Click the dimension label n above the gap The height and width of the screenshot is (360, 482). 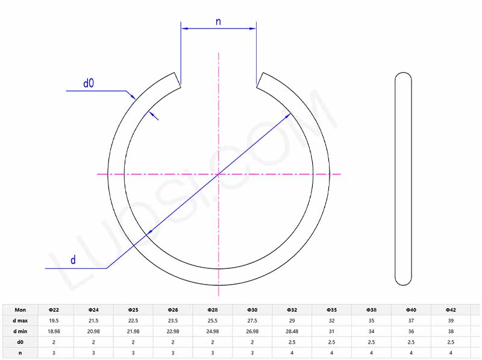click(x=218, y=22)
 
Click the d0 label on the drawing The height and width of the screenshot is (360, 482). click(x=89, y=83)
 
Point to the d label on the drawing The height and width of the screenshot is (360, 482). click(x=73, y=260)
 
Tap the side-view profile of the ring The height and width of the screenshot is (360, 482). click(x=403, y=178)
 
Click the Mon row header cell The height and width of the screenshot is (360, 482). click(x=20, y=309)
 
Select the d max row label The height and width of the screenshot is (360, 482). click(x=20, y=320)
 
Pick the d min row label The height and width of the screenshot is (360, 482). click(x=20, y=331)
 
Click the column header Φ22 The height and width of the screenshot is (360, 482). click(x=54, y=309)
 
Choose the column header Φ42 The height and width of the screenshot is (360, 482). click(x=451, y=309)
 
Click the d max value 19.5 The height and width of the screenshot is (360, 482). click(x=54, y=320)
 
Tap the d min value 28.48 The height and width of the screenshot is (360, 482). click(x=292, y=331)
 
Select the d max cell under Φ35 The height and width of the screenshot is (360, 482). click(x=332, y=320)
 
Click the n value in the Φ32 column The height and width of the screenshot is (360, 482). click(x=292, y=353)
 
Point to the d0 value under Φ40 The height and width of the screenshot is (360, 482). click(x=412, y=342)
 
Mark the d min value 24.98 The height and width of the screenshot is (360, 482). click(x=213, y=331)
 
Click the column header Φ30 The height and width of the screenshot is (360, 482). click(x=252, y=309)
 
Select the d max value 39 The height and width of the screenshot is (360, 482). click(x=451, y=320)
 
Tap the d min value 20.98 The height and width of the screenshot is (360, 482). click(x=94, y=331)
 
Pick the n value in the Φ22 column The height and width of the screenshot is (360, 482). click(x=54, y=353)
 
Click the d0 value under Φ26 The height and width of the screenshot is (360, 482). click(x=173, y=342)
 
